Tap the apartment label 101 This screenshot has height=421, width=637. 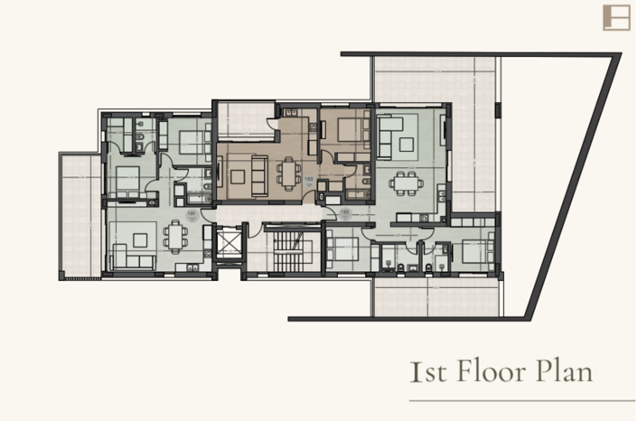coord(192,213)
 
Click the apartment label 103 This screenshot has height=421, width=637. coord(344,212)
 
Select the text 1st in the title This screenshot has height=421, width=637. coord(424,371)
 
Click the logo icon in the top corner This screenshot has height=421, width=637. coord(615,17)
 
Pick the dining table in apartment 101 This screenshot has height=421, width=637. coord(175,237)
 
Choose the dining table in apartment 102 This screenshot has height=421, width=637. coord(289,171)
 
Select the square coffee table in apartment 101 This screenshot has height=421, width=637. coord(140,239)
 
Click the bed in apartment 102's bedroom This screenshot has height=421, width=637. coord(345,130)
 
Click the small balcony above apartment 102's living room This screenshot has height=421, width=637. coord(244,119)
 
